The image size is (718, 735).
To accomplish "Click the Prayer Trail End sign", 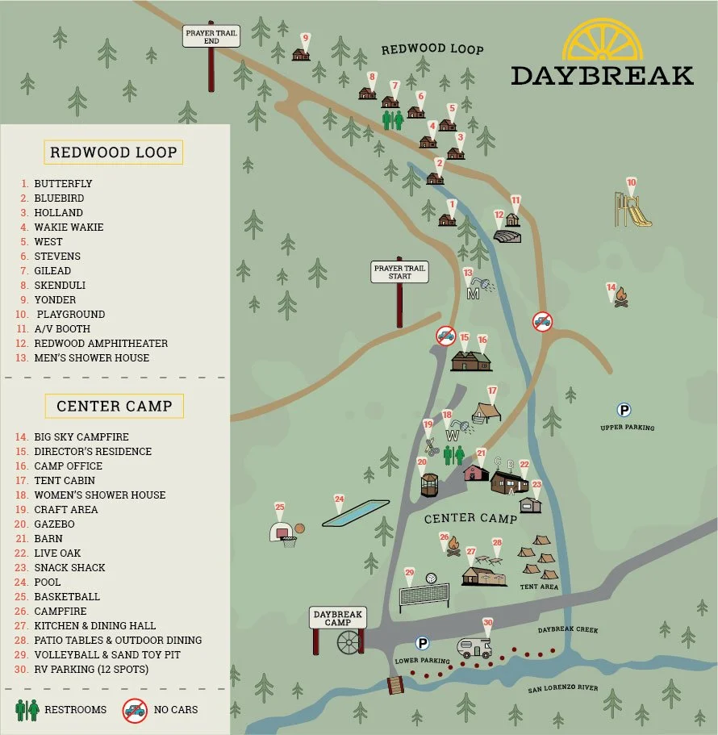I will tap(211, 36).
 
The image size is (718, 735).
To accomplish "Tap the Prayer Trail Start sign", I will tap(399, 271).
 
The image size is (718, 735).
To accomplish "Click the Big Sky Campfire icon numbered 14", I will tap(620, 299).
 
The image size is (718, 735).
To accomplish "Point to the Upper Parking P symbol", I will tap(623, 410).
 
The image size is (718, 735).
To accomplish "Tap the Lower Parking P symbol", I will tap(420, 643).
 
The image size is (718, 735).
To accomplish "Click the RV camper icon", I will tap(474, 646).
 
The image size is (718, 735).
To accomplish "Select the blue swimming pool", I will tap(350, 513).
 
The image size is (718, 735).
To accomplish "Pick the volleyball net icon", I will tap(424, 595).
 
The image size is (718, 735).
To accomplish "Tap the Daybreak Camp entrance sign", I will tap(338, 619).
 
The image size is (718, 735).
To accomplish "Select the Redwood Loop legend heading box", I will tap(113, 152).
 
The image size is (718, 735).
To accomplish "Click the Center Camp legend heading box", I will tap(114, 406).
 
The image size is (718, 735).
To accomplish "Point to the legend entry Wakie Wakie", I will tap(69, 227).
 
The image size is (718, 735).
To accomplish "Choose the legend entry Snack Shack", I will tap(69, 567).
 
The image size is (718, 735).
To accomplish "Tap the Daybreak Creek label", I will tap(568, 629).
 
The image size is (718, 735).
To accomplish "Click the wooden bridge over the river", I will tap(395, 685).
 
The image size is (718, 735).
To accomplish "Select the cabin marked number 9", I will tap(301, 54).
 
